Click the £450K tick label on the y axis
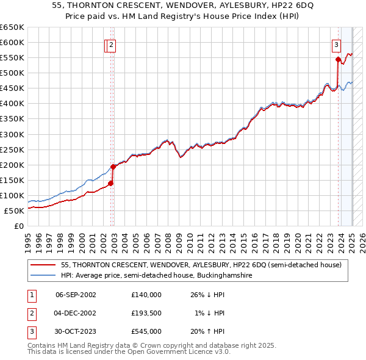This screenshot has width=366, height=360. pyautogui.click(x=12, y=88)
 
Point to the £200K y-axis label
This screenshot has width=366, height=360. pyautogui.click(x=12, y=165)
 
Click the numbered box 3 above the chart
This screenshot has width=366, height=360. pyautogui.click(x=336, y=44)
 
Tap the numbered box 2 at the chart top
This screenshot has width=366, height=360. pyautogui.click(x=113, y=44)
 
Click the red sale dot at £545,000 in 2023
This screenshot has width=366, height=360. pyautogui.click(x=338, y=59)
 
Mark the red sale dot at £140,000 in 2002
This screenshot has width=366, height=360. pyautogui.click(x=111, y=183)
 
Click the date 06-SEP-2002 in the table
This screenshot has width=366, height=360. pyautogui.click(x=76, y=295)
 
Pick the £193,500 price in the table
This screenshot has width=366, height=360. pyautogui.click(x=146, y=313)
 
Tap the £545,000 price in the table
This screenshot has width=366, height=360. pyautogui.click(x=146, y=331)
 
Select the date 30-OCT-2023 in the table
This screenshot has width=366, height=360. pyautogui.click(x=76, y=331)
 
